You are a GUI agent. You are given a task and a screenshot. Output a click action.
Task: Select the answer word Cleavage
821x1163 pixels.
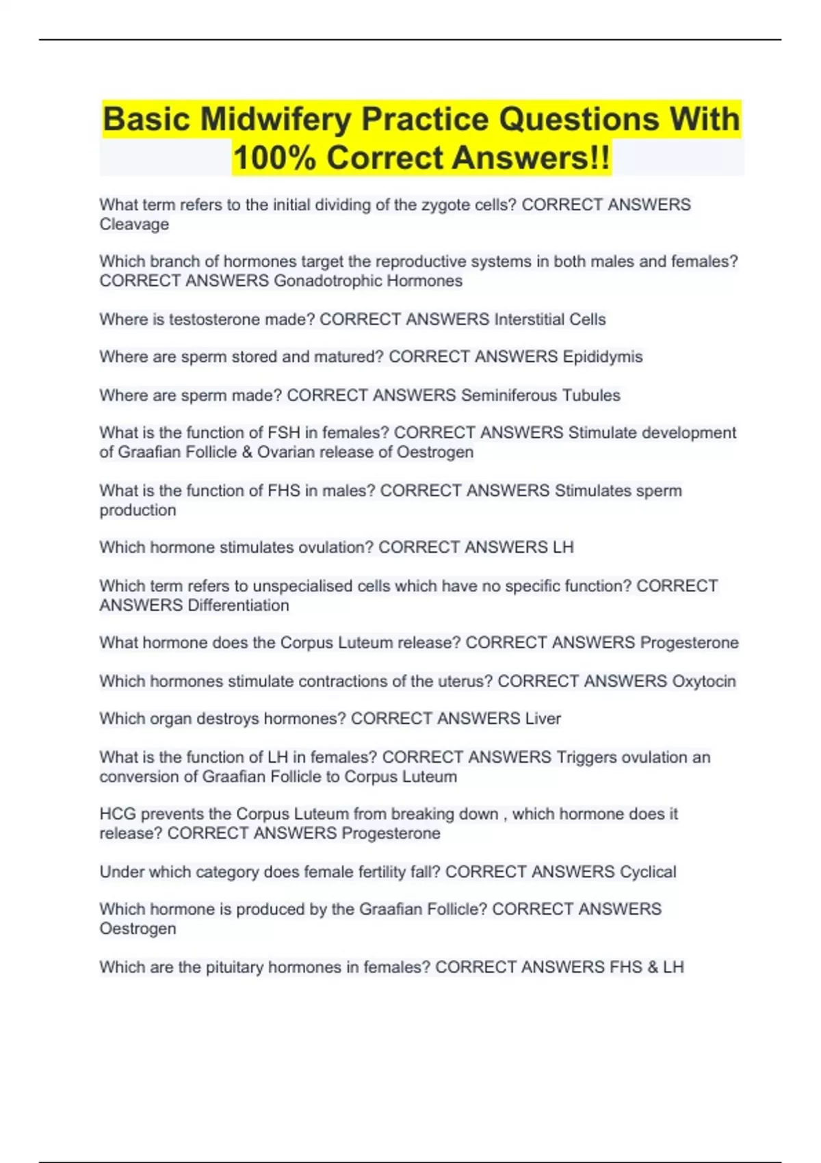[x=134, y=224]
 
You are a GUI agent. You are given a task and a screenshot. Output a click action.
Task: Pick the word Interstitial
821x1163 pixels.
[x=529, y=319]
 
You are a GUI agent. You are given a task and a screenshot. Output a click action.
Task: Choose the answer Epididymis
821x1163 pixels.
[x=602, y=357]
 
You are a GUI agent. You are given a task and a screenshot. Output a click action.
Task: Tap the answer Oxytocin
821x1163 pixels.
[x=704, y=681]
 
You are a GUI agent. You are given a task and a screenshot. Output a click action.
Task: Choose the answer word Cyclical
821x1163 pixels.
[x=647, y=872]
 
